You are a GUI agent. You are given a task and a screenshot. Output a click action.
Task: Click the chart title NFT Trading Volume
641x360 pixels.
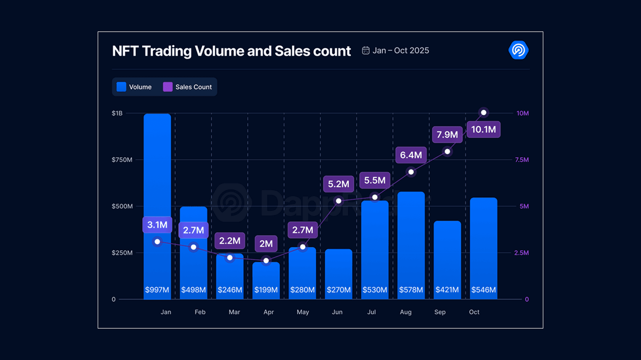pos(231,51)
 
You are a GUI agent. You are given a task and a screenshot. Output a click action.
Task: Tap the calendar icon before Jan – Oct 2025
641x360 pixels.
pos(366,50)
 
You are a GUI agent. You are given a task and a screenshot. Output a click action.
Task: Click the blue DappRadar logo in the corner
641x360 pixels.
pos(518,50)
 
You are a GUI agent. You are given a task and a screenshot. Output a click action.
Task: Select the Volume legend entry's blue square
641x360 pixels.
pos(121,87)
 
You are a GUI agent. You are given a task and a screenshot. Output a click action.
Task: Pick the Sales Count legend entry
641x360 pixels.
pos(188,87)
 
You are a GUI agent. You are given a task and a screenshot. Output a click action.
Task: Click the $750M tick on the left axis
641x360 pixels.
pos(122,160)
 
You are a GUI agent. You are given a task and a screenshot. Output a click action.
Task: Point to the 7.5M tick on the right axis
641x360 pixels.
pos(522,160)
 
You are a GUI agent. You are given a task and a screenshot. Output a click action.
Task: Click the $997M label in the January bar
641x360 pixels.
pos(157,290)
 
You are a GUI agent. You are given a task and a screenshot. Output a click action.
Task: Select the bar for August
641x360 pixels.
pos(411,244)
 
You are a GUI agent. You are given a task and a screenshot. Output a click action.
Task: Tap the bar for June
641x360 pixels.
pos(338,273)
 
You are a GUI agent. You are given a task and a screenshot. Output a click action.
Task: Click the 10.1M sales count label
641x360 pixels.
pos(483,130)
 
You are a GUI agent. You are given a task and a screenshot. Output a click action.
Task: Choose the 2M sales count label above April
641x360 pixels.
pos(266,244)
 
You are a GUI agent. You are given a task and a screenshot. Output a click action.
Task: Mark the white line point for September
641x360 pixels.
pos(447,152)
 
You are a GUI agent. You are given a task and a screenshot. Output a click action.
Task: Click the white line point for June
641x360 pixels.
pos(338,201)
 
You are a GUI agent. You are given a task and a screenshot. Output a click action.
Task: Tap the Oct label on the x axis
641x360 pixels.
pos(474,312)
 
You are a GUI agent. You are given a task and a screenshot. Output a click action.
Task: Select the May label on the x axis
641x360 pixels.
pos(303,312)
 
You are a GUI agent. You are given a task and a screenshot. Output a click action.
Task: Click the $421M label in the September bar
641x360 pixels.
pos(447,290)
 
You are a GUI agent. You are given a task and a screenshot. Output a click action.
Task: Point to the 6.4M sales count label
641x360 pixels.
pos(411,155)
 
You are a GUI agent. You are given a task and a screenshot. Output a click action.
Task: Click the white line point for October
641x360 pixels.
pos(483,112)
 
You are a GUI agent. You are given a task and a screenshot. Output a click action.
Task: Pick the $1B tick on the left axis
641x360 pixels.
pos(117,113)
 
